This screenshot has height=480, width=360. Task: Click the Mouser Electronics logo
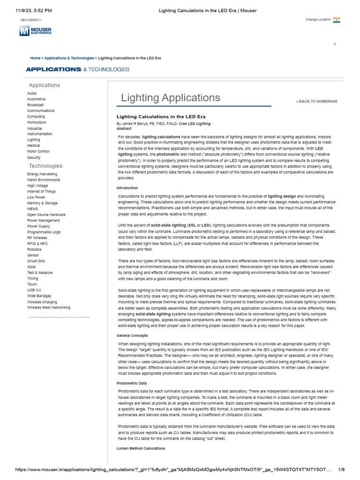pyautogui.click(x=36, y=31)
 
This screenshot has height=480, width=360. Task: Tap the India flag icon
pyautogui.click(x=337, y=20)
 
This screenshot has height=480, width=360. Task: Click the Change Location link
pyautogui.click(x=318, y=20)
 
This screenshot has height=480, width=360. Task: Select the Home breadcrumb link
pyautogui.click(x=35, y=58)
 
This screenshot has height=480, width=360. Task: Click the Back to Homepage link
pyautogui.click(x=316, y=101)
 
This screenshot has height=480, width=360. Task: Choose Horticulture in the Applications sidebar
pyautogui.click(x=37, y=122)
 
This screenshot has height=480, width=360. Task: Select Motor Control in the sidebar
pyautogui.click(x=38, y=151)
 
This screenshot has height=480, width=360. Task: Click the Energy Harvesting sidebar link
pyautogui.click(x=42, y=174)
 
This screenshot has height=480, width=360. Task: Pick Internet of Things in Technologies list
pyautogui.click(x=41, y=191)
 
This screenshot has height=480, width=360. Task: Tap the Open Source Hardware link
pyautogui.click(x=46, y=215)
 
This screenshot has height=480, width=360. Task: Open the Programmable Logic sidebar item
pyautogui.click(x=44, y=232)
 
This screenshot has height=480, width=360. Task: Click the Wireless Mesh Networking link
pyautogui.click(x=49, y=307)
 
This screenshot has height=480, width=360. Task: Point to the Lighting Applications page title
pyautogui.click(x=171, y=97)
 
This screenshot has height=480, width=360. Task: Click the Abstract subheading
pyautogui.click(x=124, y=128)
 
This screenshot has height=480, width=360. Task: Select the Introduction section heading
pyautogui.click(x=127, y=188)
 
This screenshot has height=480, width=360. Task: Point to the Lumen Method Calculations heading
pyautogui.click(x=141, y=449)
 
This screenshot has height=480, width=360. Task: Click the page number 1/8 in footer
pyautogui.click(x=341, y=470)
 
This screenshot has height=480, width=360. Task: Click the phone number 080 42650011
pyautogui.click(x=31, y=20)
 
